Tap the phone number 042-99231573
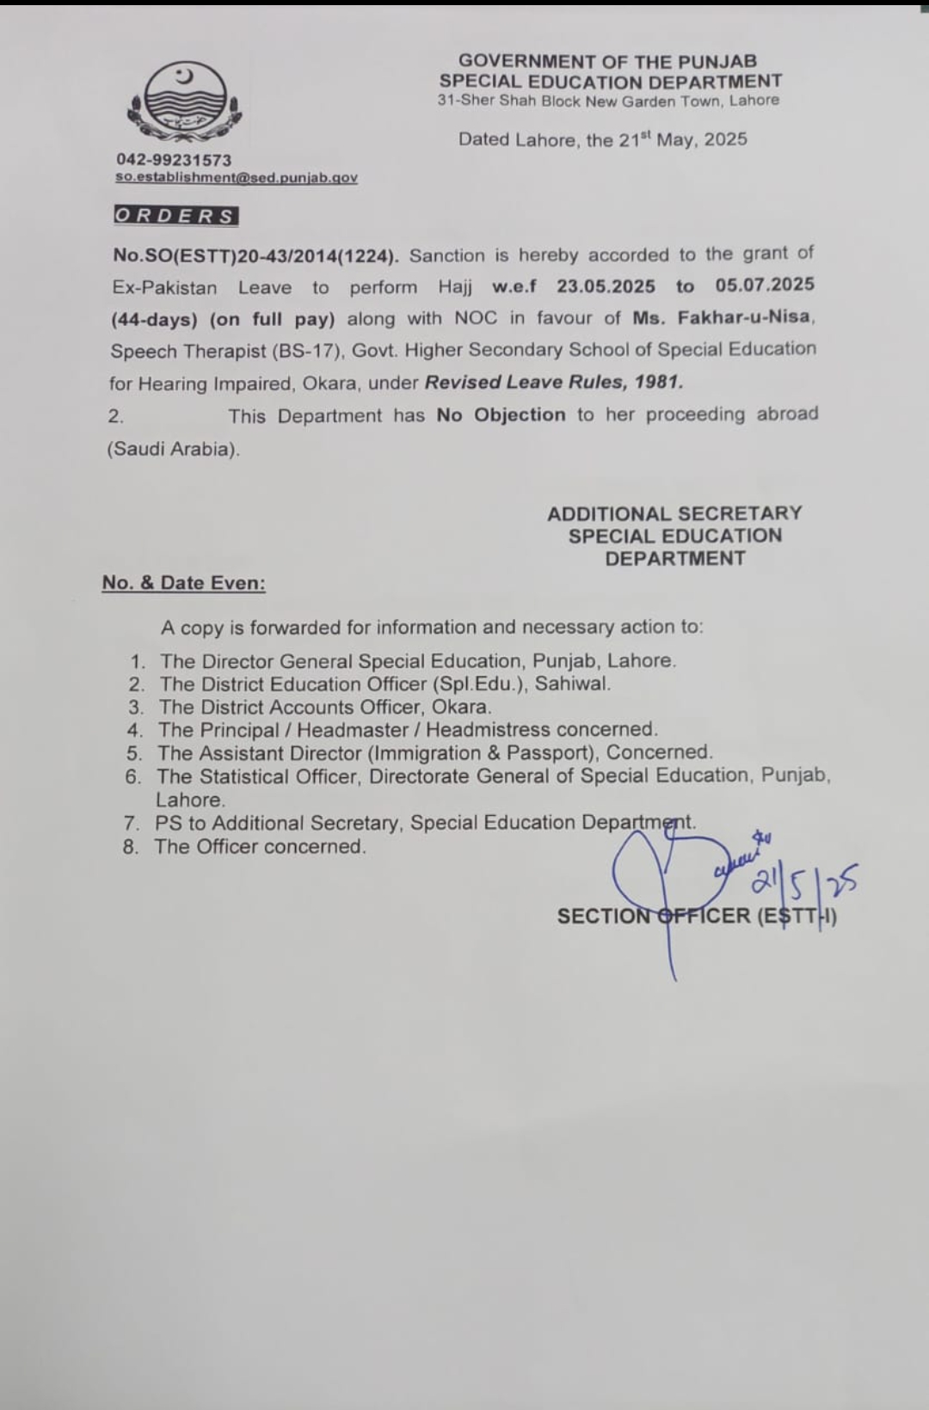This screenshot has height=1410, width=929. (x=174, y=160)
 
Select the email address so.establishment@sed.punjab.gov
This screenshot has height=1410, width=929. (x=237, y=178)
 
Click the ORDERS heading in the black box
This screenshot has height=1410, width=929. (x=175, y=216)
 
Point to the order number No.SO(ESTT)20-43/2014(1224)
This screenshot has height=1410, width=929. (x=255, y=255)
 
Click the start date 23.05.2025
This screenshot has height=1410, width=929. (x=606, y=285)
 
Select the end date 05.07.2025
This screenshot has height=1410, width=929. (x=765, y=285)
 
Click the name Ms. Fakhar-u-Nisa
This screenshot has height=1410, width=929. (x=722, y=317)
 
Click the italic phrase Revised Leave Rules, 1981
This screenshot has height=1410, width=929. (x=554, y=381)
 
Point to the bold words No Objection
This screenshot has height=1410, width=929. (x=501, y=414)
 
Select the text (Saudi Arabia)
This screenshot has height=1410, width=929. (x=173, y=449)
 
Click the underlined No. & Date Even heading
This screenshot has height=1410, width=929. (x=183, y=583)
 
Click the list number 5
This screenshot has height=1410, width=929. (x=133, y=754)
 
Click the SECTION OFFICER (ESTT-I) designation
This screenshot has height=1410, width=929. (x=697, y=916)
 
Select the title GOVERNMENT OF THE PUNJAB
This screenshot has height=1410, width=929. (x=607, y=61)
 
